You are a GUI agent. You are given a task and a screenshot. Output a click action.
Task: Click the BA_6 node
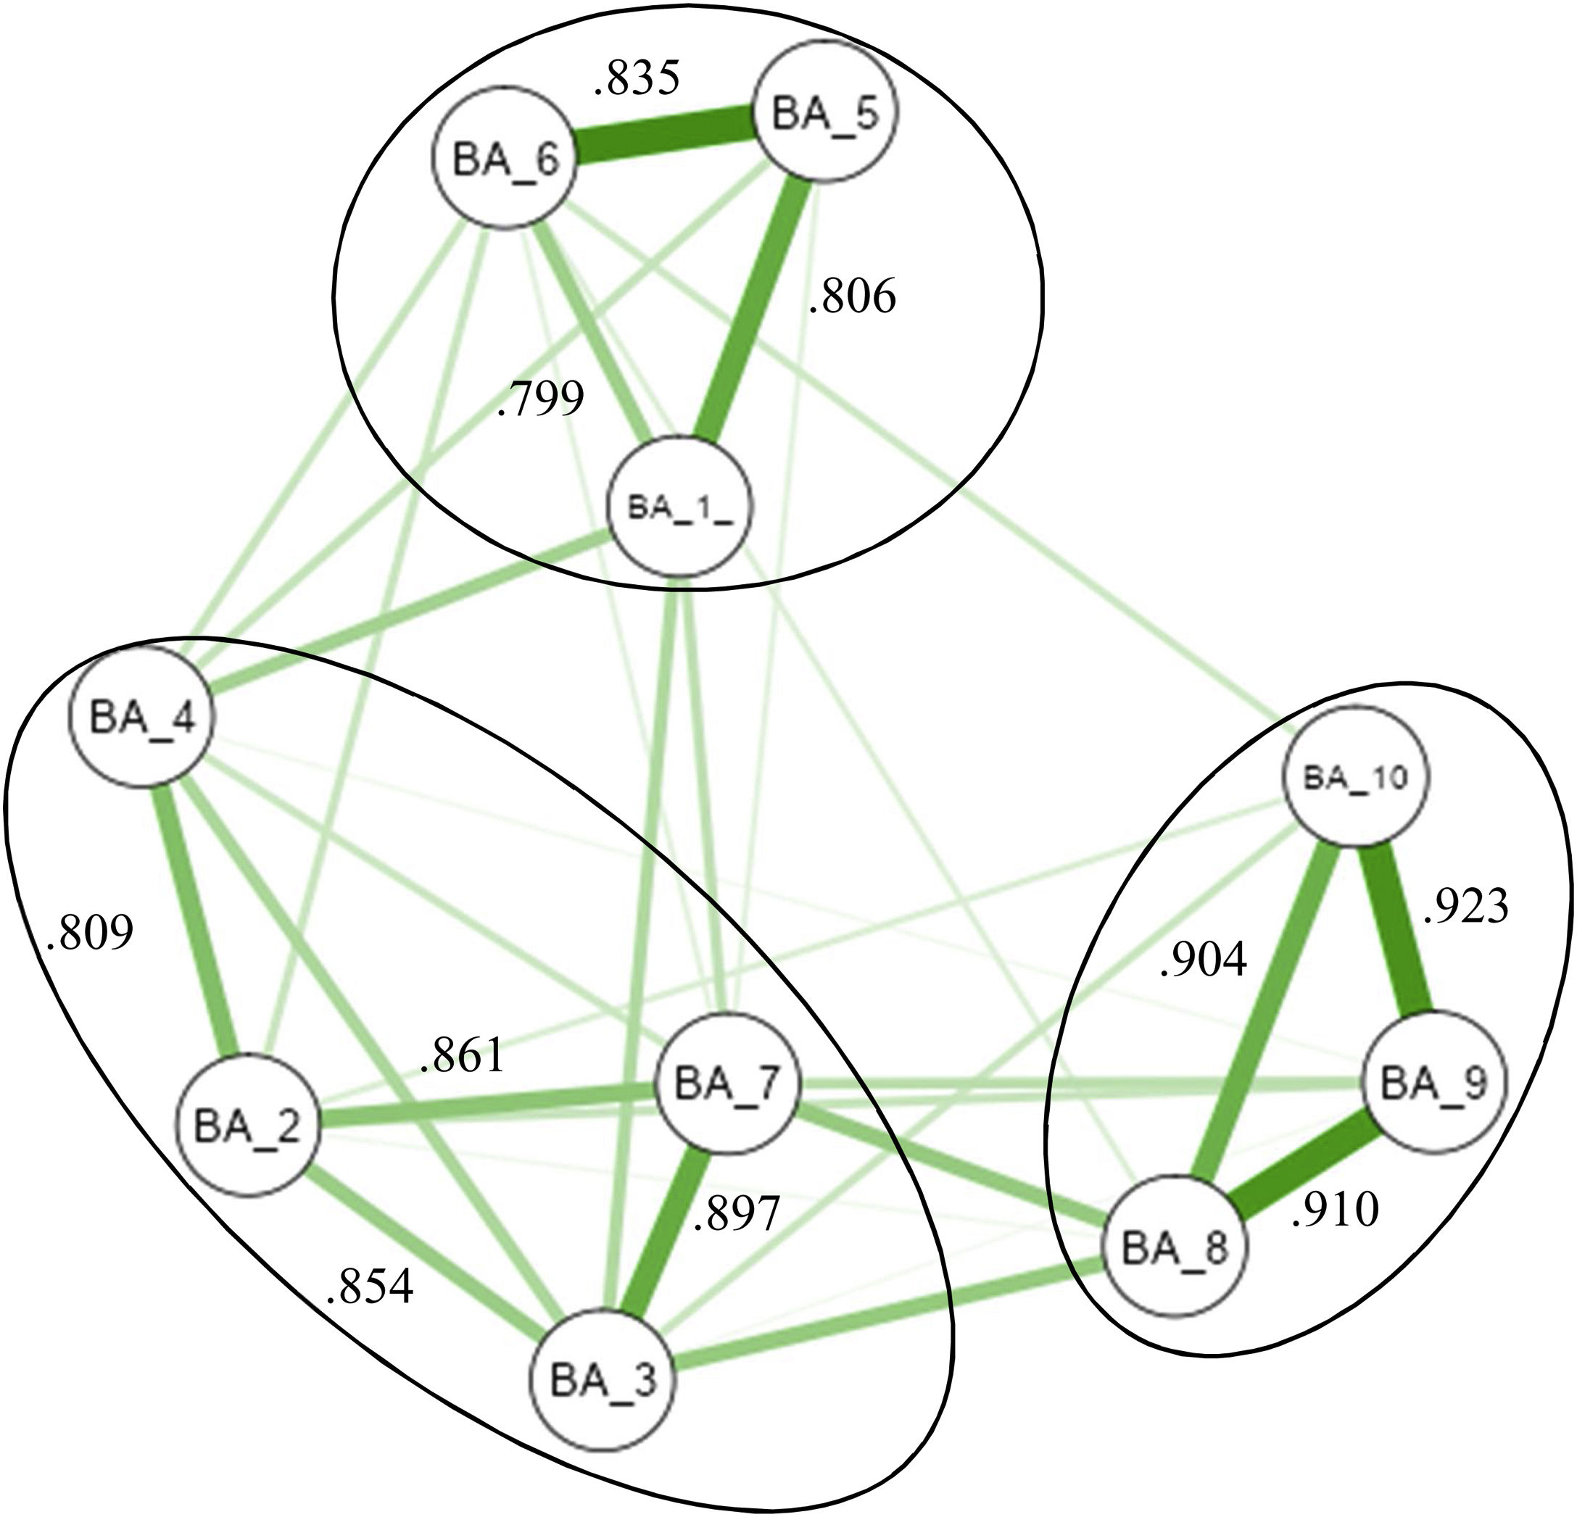click(505, 159)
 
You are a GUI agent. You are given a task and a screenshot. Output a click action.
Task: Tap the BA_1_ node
click(680, 507)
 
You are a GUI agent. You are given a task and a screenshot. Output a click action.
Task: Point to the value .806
click(852, 298)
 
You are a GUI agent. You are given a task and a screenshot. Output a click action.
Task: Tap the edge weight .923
click(1466, 907)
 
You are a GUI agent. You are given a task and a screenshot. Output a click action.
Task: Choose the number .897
click(736, 1214)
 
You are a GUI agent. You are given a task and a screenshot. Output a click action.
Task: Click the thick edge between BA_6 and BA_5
click(663, 136)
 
